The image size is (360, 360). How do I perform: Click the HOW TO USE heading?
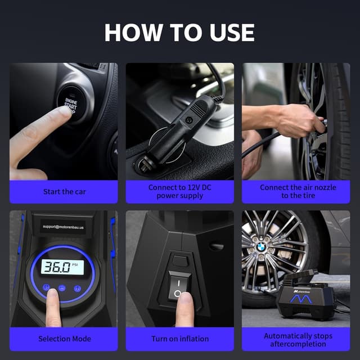click(x=179, y=33)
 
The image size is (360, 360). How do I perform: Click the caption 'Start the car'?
click(x=64, y=192)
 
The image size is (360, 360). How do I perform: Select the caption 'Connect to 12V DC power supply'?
click(x=180, y=191)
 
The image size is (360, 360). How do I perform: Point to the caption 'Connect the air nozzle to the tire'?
click(x=298, y=191)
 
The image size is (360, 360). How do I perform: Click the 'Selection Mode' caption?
click(x=65, y=339)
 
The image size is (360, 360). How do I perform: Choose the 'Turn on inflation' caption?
click(x=180, y=339)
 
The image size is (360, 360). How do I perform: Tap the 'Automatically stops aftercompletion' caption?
click(x=298, y=340)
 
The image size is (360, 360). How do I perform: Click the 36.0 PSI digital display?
click(x=62, y=267)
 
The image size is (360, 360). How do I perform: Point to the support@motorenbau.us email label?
click(x=64, y=227)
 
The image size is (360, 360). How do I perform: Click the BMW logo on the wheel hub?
click(x=261, y=247)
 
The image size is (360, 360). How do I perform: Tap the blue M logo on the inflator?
click(x=301, y=299)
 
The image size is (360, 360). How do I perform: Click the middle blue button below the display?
click(x=62, y=288)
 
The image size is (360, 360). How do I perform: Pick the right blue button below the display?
click(x=78, y=289)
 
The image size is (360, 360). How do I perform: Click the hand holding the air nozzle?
click(x=299, y=120)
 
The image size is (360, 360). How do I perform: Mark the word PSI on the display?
click(x=75, y=265)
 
